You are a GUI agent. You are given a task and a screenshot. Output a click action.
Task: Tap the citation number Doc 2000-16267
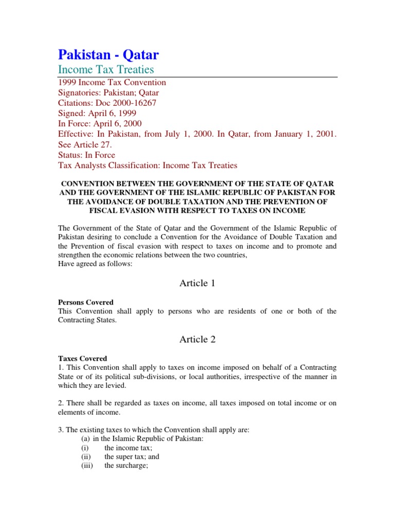pos(127,103)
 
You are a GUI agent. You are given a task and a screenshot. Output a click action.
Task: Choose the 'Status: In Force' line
pos(86,155)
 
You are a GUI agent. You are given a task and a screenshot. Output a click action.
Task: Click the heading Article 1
pos(194,283)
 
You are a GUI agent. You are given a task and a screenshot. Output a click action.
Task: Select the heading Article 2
pos(194,339)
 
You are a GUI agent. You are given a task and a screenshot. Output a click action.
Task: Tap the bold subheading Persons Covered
pos(86,303)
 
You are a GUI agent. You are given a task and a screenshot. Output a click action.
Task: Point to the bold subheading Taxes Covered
pos(82,359)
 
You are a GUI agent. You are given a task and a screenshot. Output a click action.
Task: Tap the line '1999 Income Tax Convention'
pos(112,83)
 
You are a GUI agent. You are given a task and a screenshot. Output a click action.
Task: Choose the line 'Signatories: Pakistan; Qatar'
pos(108,93)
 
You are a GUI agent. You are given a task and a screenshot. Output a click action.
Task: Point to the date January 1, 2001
pos(306,134)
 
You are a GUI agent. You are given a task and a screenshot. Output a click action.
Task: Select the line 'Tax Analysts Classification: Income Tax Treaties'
pos(147,165)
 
